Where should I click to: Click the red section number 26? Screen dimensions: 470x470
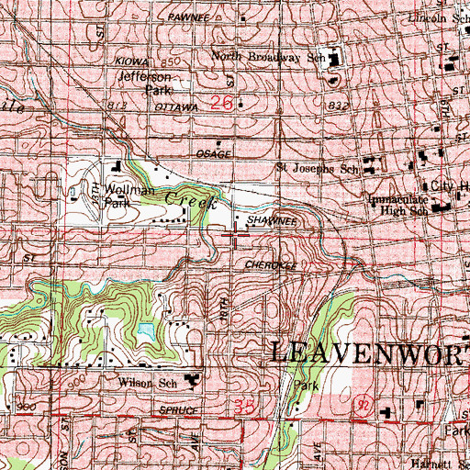(221, 104)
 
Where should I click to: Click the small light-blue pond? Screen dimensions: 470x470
(144, 329)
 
